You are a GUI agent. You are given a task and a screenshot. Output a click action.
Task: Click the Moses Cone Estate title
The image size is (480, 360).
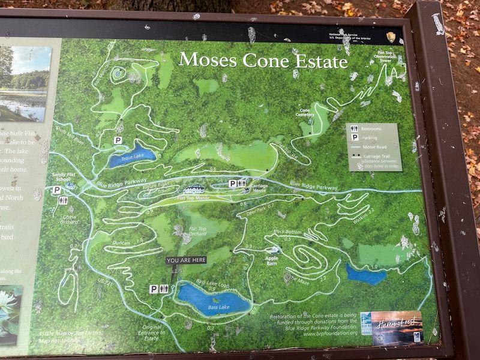pos(263,61)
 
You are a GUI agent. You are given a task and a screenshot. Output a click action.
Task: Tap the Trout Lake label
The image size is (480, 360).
pos(131,157)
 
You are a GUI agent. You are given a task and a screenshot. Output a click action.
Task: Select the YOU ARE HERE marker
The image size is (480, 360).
pos(186,260)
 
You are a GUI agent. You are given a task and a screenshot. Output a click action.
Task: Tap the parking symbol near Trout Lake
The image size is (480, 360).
pos(118,140)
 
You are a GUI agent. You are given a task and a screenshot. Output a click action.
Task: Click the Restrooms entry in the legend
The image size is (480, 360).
pos(371,128)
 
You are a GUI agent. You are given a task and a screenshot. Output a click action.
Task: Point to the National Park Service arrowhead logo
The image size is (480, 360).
pos(391,37)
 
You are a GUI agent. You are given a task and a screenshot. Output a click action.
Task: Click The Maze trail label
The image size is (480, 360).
pos(299,279)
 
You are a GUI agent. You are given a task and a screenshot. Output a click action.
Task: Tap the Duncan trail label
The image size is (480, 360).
pos(121,243)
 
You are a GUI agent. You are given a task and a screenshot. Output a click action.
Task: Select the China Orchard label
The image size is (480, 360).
pos(68,219)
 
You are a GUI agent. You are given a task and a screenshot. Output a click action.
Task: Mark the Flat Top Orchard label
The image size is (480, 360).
pos(197,231)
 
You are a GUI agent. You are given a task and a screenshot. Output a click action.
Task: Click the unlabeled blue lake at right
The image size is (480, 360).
pos(365,275)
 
